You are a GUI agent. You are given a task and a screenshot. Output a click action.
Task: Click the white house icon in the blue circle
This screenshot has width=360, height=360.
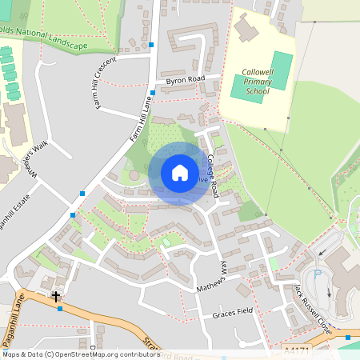click(x=179, y=173)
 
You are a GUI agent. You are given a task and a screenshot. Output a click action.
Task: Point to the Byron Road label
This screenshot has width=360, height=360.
click(x=186, y=80)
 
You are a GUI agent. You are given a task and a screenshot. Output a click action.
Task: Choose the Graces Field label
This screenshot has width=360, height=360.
click(x=233, y=314)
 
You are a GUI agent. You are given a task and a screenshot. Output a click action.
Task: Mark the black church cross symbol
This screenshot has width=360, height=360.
click(x=56, y=296)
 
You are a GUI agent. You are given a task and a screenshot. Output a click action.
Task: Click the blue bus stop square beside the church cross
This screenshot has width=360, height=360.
click(x=61, y=309)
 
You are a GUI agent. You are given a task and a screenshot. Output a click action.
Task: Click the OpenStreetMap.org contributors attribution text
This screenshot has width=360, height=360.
click(x=109, y=354)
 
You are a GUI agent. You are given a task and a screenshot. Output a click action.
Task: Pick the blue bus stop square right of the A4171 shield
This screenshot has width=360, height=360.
click(x=347, y=338)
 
